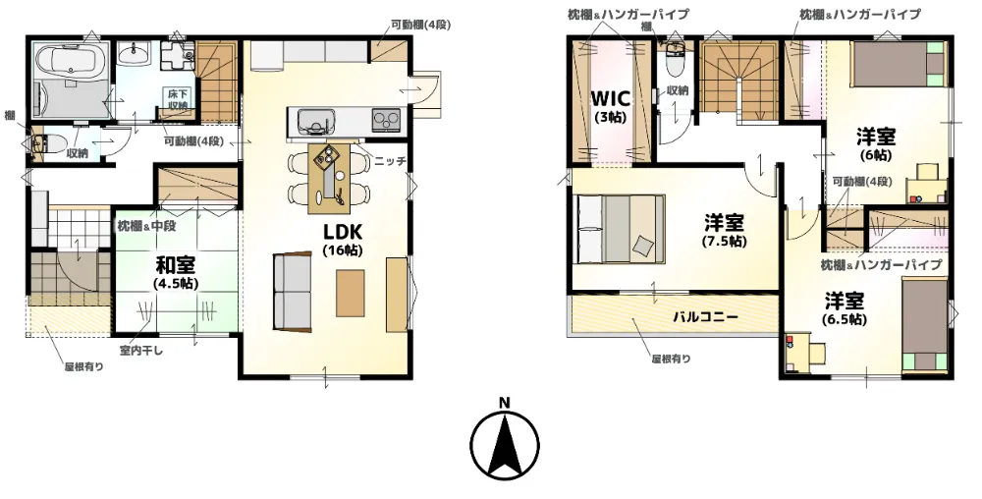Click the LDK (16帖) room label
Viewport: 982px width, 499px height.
coord(343,239)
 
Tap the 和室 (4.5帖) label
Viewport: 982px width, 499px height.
coord(176,273)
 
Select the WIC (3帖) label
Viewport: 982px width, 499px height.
coord(611,106)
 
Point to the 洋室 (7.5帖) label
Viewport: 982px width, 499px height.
coord(724,231)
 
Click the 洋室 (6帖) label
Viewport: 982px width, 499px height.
coord(876,144)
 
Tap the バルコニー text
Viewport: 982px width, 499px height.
coord(705,317)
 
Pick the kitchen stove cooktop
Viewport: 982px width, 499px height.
coord(386,118)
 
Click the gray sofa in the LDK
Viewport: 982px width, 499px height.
coord(293,291)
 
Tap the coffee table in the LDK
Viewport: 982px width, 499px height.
coord(351,293)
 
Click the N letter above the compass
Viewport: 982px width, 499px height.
coord(504,404)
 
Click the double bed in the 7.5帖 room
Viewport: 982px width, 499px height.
coord(619,228)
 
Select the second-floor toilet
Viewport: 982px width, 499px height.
coord(676,60)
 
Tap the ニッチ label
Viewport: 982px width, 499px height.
coord(390,161)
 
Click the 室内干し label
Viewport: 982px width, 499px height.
coord(141,351)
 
